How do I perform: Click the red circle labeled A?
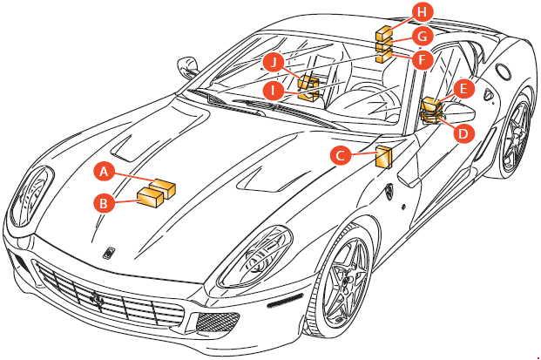(x=105, y=172)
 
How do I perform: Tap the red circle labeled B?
(x=104, y=203)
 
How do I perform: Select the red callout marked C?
(x=341, y=156)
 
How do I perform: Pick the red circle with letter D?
(x=463, y=132)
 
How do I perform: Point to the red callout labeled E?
(x=463, y=90)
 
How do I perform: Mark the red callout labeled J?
(x=274, y=63)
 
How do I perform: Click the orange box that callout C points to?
(x=383, y=157)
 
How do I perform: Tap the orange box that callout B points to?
(x=150, y=197)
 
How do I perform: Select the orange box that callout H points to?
(x=383, y=33)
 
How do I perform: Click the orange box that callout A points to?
(x=166, y=187)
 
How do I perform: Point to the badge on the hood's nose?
(x=109, y=253)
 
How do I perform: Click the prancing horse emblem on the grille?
(x=97, y=300)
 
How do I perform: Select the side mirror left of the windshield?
(x=187, y=67)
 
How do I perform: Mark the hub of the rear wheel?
(x=517, y=137)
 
